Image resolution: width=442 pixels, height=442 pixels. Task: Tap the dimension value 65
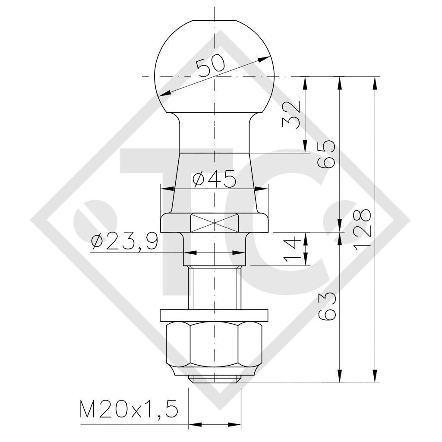326,154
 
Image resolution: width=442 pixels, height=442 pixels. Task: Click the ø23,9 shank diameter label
124,242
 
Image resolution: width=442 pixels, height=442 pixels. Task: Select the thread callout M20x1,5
129,408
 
